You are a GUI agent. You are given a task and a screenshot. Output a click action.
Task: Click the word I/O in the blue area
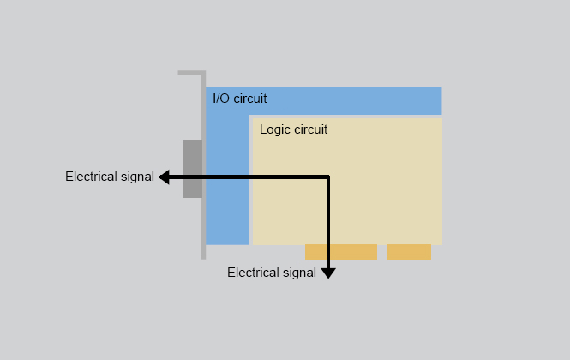point(221,99)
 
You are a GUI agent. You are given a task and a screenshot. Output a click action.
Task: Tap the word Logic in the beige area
point(274,129)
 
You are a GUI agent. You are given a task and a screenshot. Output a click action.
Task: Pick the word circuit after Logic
point(310,129)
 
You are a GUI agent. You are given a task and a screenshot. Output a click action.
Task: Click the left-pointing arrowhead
point(163,177)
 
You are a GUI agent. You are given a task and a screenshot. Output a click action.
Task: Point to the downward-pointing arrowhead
point(328,273)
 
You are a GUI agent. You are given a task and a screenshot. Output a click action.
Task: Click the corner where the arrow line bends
point(328,177)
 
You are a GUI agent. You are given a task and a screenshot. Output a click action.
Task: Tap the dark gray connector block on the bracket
point(193,168)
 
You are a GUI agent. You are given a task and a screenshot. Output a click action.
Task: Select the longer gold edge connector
point(341,252)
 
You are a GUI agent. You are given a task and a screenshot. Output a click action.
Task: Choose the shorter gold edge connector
point(409,252)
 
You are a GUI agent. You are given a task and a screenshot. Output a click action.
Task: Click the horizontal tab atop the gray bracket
point(190,73)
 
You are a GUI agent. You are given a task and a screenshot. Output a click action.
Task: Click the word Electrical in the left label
point(91,177)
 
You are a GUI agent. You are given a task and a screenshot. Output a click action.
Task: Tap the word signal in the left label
point(136,177)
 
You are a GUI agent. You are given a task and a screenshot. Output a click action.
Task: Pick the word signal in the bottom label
point(298,273)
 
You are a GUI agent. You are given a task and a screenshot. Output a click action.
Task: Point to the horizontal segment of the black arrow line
point(249,177)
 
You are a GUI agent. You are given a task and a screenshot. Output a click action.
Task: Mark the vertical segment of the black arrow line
point(328,223)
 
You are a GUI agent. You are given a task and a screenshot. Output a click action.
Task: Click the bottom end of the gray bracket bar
point(203,255)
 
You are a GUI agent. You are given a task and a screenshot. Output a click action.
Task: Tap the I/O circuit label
point(239,99)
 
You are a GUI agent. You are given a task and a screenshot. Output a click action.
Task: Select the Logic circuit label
point(293,129)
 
